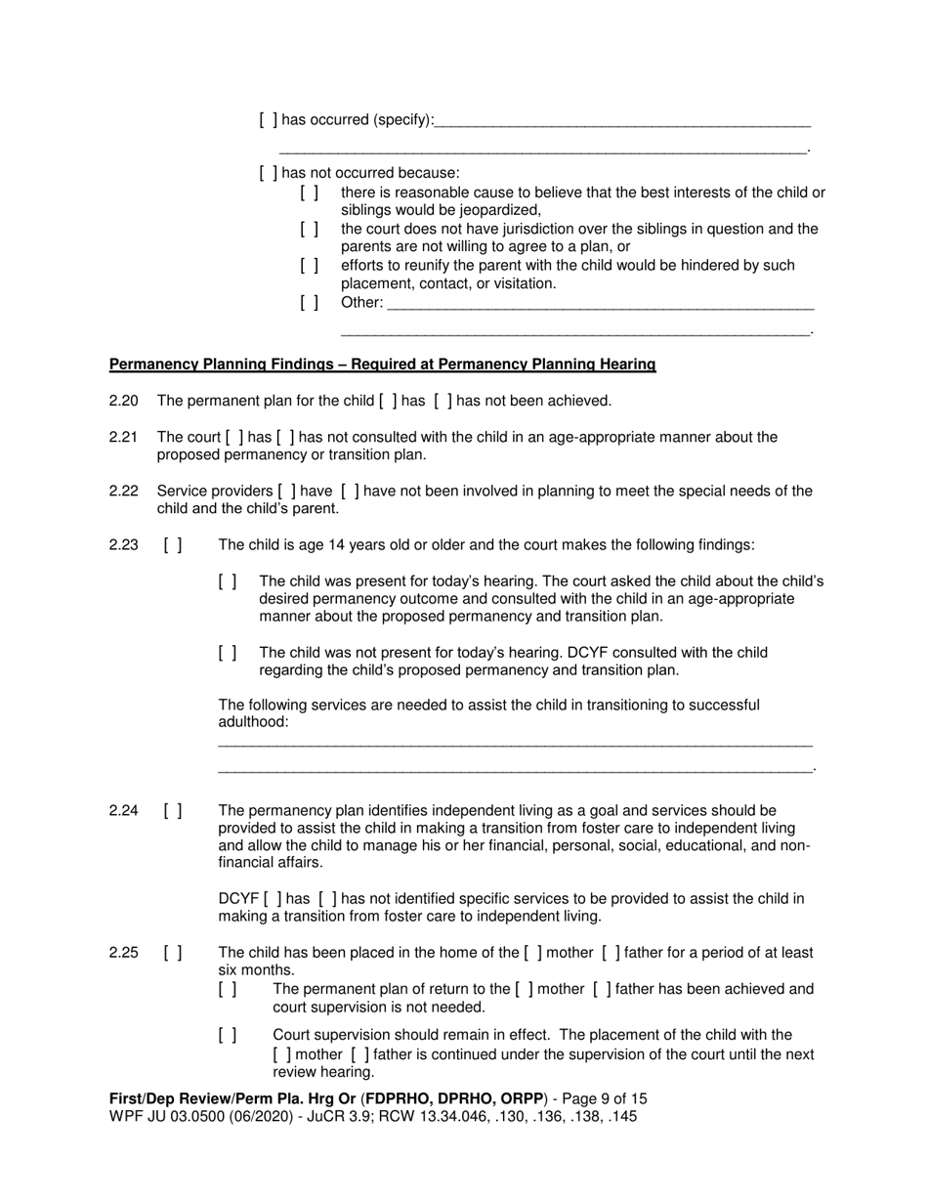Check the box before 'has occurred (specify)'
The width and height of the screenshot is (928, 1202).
(x=269, y=120)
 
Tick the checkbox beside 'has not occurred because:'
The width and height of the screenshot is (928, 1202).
(x=269, y=174)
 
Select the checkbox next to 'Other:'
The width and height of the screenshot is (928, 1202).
(x=310, y=303)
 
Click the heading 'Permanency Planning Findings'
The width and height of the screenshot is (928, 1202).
(x=382, y=365)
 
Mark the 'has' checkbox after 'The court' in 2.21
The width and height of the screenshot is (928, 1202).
(x=234, y=437)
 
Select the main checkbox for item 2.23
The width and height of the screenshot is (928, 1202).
(x=173, y=545)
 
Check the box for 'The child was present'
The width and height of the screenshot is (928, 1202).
(x=228, y=581)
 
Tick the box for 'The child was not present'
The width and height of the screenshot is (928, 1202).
(x=228, y=653)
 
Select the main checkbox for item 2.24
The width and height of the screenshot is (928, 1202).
(x=173, y=810)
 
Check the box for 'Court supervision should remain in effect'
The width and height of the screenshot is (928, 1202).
(x=228, y=1035)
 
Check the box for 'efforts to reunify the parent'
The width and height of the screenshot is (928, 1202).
(x=310, y=266)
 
